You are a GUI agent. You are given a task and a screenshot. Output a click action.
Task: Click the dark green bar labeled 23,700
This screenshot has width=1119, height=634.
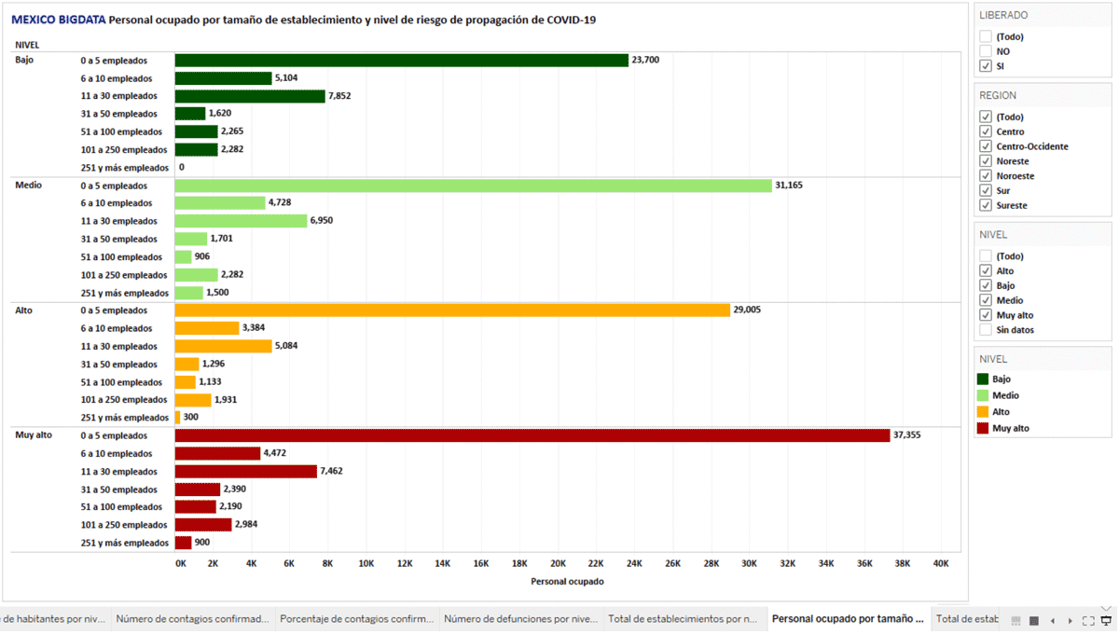[401, 61]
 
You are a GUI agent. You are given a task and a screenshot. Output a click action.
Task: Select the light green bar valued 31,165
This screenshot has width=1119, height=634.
[474, 186]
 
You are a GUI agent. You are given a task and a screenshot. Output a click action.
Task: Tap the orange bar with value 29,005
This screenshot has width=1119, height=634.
[452, 310]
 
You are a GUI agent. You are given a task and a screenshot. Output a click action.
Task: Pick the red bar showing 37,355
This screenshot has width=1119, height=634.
[532, 435]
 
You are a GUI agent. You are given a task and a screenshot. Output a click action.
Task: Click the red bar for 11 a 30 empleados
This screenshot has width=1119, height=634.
[246, 472]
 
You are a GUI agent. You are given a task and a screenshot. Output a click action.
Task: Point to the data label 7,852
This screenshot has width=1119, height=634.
[339, 96]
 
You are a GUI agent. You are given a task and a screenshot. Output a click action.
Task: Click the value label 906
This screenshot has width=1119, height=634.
[202, 257]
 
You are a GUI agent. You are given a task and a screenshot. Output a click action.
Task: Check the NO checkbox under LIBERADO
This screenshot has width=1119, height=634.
[986, 51]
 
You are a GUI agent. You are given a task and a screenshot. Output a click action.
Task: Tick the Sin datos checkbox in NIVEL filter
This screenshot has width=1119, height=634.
[986, 330]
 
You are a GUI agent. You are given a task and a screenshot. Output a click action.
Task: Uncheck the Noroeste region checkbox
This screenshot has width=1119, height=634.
[986, 176]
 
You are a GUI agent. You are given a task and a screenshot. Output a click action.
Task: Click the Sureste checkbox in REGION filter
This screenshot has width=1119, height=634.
[986, 205]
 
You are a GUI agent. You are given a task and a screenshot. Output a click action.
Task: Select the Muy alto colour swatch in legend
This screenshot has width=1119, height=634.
[983, 429]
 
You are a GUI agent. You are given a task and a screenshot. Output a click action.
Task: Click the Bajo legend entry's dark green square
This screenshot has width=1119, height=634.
[983, 379]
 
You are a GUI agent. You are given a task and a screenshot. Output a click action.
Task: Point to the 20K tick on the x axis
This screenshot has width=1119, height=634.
[558, 563]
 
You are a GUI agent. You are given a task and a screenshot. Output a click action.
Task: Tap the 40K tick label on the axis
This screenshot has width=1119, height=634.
[941, 563]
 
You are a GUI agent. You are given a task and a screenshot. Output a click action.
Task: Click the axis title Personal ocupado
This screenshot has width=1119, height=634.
[567, 582]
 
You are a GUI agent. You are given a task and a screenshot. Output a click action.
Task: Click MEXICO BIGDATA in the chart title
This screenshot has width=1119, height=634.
[59, 20]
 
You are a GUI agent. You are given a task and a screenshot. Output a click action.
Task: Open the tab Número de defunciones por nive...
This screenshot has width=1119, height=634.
[520, 619]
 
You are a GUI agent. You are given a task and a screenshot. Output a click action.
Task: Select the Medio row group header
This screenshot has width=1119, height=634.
[29, 186]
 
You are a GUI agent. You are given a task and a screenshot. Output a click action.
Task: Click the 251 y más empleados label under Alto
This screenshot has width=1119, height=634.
[125, 418]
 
